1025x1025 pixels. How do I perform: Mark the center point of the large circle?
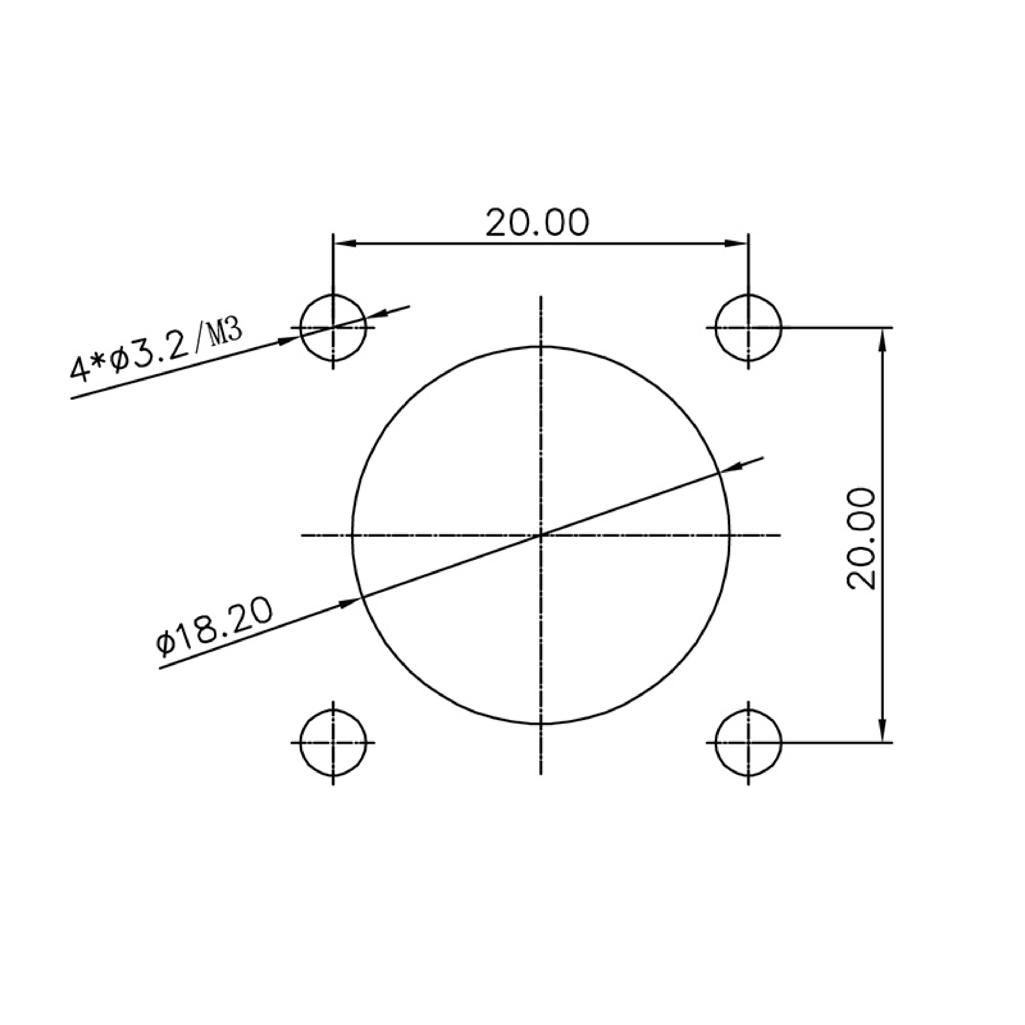(540, 535)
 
